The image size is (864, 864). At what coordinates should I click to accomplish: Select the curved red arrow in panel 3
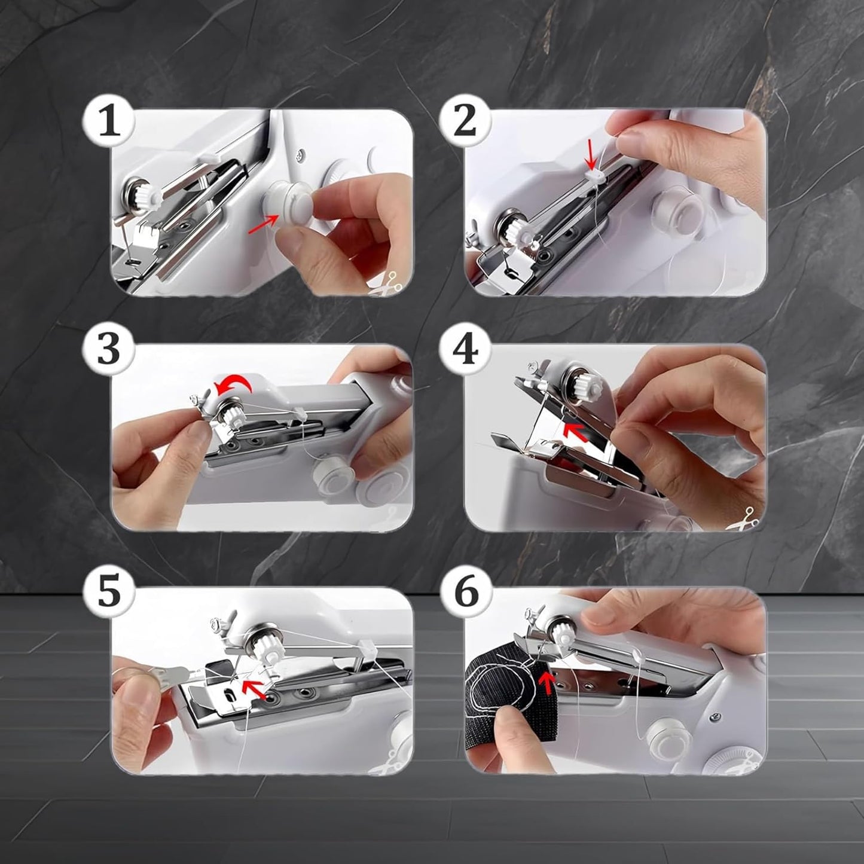coord(235,386)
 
